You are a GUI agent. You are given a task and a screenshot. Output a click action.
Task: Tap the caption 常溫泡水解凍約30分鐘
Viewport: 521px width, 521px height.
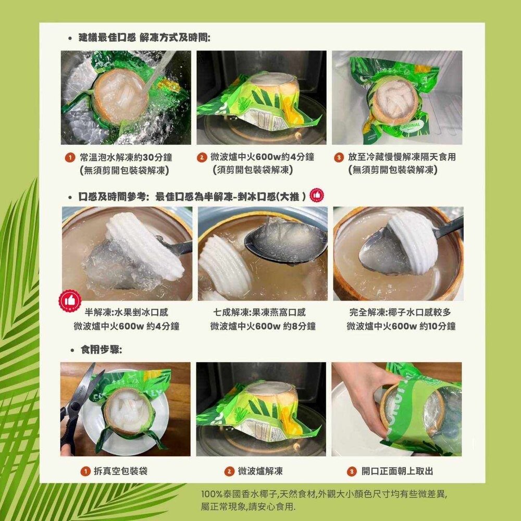[126, 157]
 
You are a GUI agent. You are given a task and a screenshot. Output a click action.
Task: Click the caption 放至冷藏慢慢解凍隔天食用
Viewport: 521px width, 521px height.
[401, 157]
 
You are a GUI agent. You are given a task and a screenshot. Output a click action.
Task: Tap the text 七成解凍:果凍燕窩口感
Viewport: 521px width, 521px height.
[259, 313]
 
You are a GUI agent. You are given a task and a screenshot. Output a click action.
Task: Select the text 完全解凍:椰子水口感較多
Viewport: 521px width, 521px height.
[401, 313]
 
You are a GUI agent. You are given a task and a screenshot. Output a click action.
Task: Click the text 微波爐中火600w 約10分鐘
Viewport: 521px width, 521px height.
[401, 327]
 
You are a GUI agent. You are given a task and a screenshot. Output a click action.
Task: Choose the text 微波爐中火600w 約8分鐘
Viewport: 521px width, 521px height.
[263, 327]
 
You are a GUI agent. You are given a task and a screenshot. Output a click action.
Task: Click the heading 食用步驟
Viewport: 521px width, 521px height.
[101, 350]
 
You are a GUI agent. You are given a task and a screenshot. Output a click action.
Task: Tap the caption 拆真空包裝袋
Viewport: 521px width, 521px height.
[120, 472]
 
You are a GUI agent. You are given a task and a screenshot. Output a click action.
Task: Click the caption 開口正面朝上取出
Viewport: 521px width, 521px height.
[397, 472]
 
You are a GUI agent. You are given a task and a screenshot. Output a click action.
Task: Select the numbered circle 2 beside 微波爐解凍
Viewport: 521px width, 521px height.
[229, 472]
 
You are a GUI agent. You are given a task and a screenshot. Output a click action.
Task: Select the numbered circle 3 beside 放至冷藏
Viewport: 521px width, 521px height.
[339, 157]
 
